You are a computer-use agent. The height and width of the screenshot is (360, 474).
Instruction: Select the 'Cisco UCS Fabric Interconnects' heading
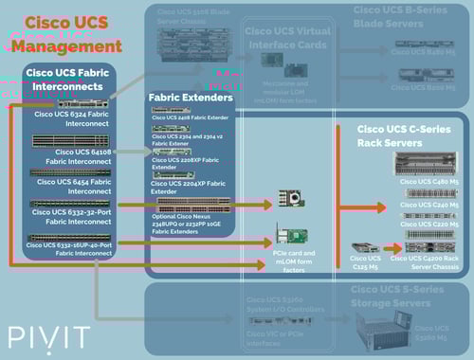point(69,81)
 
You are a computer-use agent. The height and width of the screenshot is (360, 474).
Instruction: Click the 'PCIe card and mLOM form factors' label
point(293,261)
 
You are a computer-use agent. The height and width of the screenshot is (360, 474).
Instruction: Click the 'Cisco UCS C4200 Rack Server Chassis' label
point(435,260)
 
